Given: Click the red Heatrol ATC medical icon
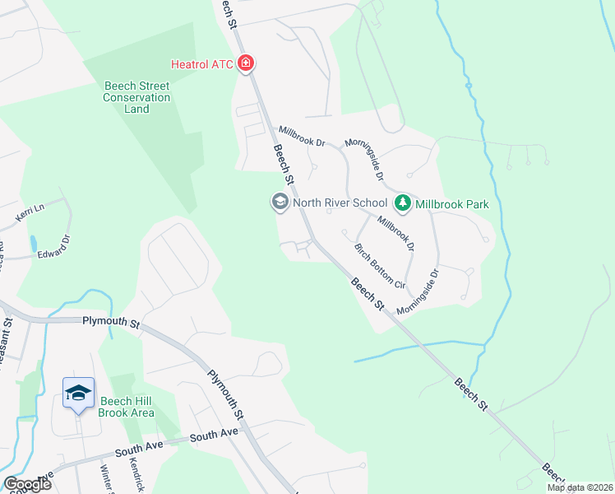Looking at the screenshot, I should tap(245, 63).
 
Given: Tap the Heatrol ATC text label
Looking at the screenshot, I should tap(202, 64).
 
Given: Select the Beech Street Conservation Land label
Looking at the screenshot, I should tap(137, 97).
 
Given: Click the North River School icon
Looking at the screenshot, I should tap(280, 202).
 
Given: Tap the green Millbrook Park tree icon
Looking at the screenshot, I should tap(403, 203).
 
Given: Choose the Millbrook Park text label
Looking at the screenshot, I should tap(451, 203).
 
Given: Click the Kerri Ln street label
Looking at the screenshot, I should tap(28, 214).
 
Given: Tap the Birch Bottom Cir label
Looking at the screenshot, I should tap(379, 267).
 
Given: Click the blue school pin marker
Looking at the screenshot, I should tap(78, 394).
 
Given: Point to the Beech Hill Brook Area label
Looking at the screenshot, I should tap(127, 407).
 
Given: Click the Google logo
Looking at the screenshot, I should tap(26, 484).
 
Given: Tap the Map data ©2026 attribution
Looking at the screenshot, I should tap(579, 487).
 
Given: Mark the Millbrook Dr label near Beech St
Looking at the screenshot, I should tap(302, 137).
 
